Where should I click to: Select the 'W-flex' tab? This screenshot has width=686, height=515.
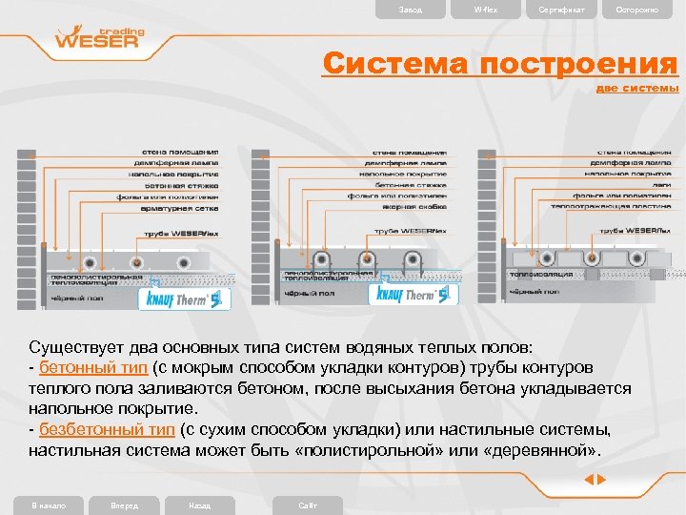pos(485,10)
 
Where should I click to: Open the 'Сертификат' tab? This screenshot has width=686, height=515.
pos(562,10)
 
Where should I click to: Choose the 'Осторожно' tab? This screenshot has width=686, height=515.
pos(636,10)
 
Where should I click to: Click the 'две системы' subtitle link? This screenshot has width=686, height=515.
pos(637,88)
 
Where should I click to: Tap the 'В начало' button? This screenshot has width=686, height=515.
pos(48,505)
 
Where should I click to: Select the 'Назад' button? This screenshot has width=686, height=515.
pos(200,505)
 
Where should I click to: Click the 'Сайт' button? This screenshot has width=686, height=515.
pos(308,505)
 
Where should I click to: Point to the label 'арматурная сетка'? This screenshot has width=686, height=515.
pos(181,207)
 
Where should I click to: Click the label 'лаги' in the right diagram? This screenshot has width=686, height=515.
pos(662,184)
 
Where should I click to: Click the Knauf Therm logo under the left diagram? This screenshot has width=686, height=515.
pos(185,299)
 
